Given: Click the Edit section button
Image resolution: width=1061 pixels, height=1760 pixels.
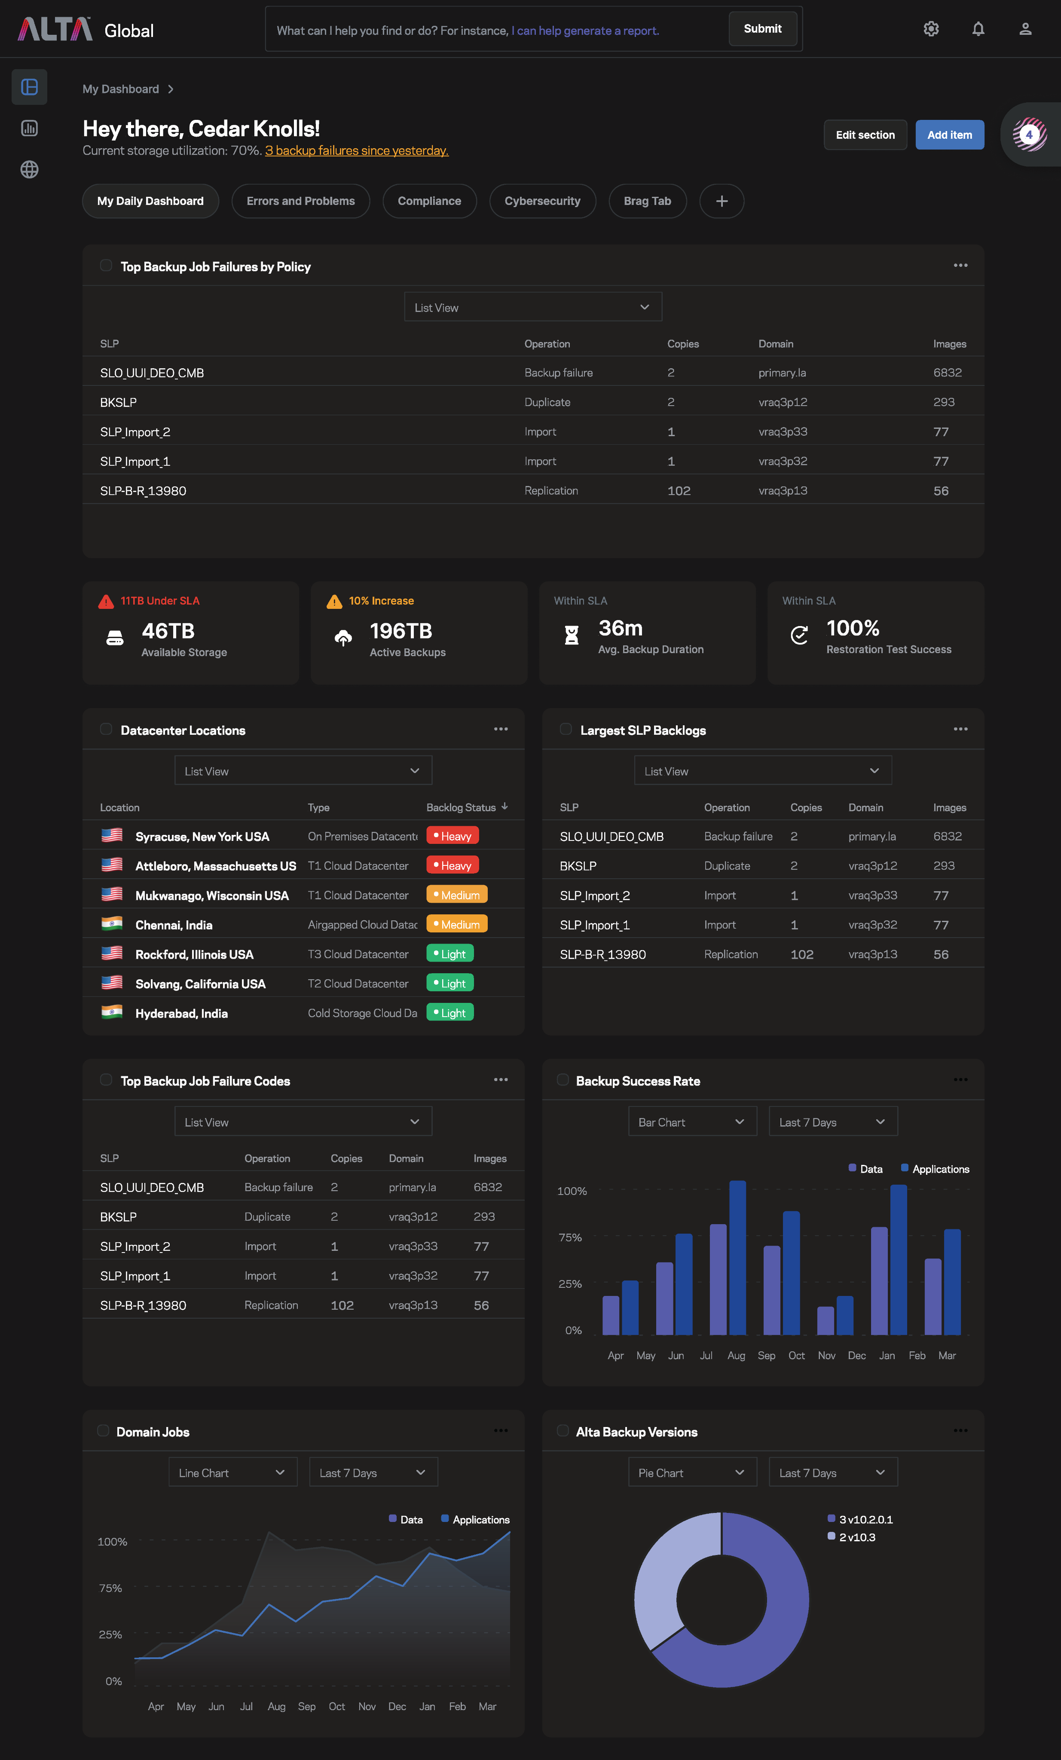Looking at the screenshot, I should click(x=865, y=135).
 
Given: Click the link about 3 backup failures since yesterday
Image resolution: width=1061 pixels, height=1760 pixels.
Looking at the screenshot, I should click(x=357, y=151).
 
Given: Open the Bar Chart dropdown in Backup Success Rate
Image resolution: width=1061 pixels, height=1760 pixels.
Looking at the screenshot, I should click(x=691, y=1122).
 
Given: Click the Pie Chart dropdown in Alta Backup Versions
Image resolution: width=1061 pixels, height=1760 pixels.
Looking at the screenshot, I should click(x=691, y=1473).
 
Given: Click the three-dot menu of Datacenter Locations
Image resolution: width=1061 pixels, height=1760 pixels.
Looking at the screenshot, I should click(x=501, y=729).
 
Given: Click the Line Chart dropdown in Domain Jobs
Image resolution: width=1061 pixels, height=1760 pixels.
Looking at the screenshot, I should click(x=232, y=1473).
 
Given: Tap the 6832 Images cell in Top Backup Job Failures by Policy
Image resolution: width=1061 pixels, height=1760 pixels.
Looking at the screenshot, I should click(x=948, y=373).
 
